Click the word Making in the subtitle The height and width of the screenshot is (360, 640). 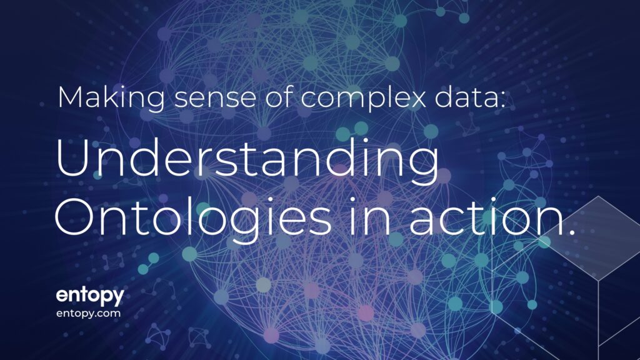coord(111,98)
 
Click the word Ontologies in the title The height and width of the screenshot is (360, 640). coord(193,218)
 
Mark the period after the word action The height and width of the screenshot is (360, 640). coord(569,231)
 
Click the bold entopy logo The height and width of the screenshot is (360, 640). coord(90,296)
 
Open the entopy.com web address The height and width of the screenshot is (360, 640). coord(88,314)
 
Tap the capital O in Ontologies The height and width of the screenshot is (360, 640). coord(74,216)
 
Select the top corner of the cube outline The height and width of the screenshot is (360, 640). coord(599,196)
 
